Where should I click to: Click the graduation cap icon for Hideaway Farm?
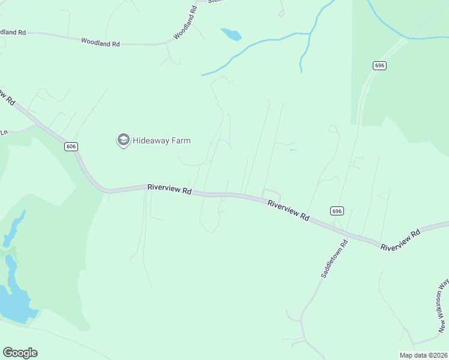click(123, 140)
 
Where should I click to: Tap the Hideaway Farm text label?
click(161, 141)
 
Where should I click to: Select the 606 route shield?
click(71, 146)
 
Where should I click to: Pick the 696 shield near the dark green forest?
click(379, 65)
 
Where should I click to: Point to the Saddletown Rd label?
click(334, 259)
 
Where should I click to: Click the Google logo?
click(20, 353)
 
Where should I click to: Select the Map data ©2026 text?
click(423, 355)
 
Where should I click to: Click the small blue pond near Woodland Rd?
click(231, 34)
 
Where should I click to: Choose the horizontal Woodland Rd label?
click(100, 43)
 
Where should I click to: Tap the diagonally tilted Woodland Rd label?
click(185, 23)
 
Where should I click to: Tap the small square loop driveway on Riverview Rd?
click(271, 194)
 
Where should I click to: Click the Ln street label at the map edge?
click(4, 132)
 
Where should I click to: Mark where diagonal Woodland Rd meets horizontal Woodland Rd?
click(168, 43)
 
